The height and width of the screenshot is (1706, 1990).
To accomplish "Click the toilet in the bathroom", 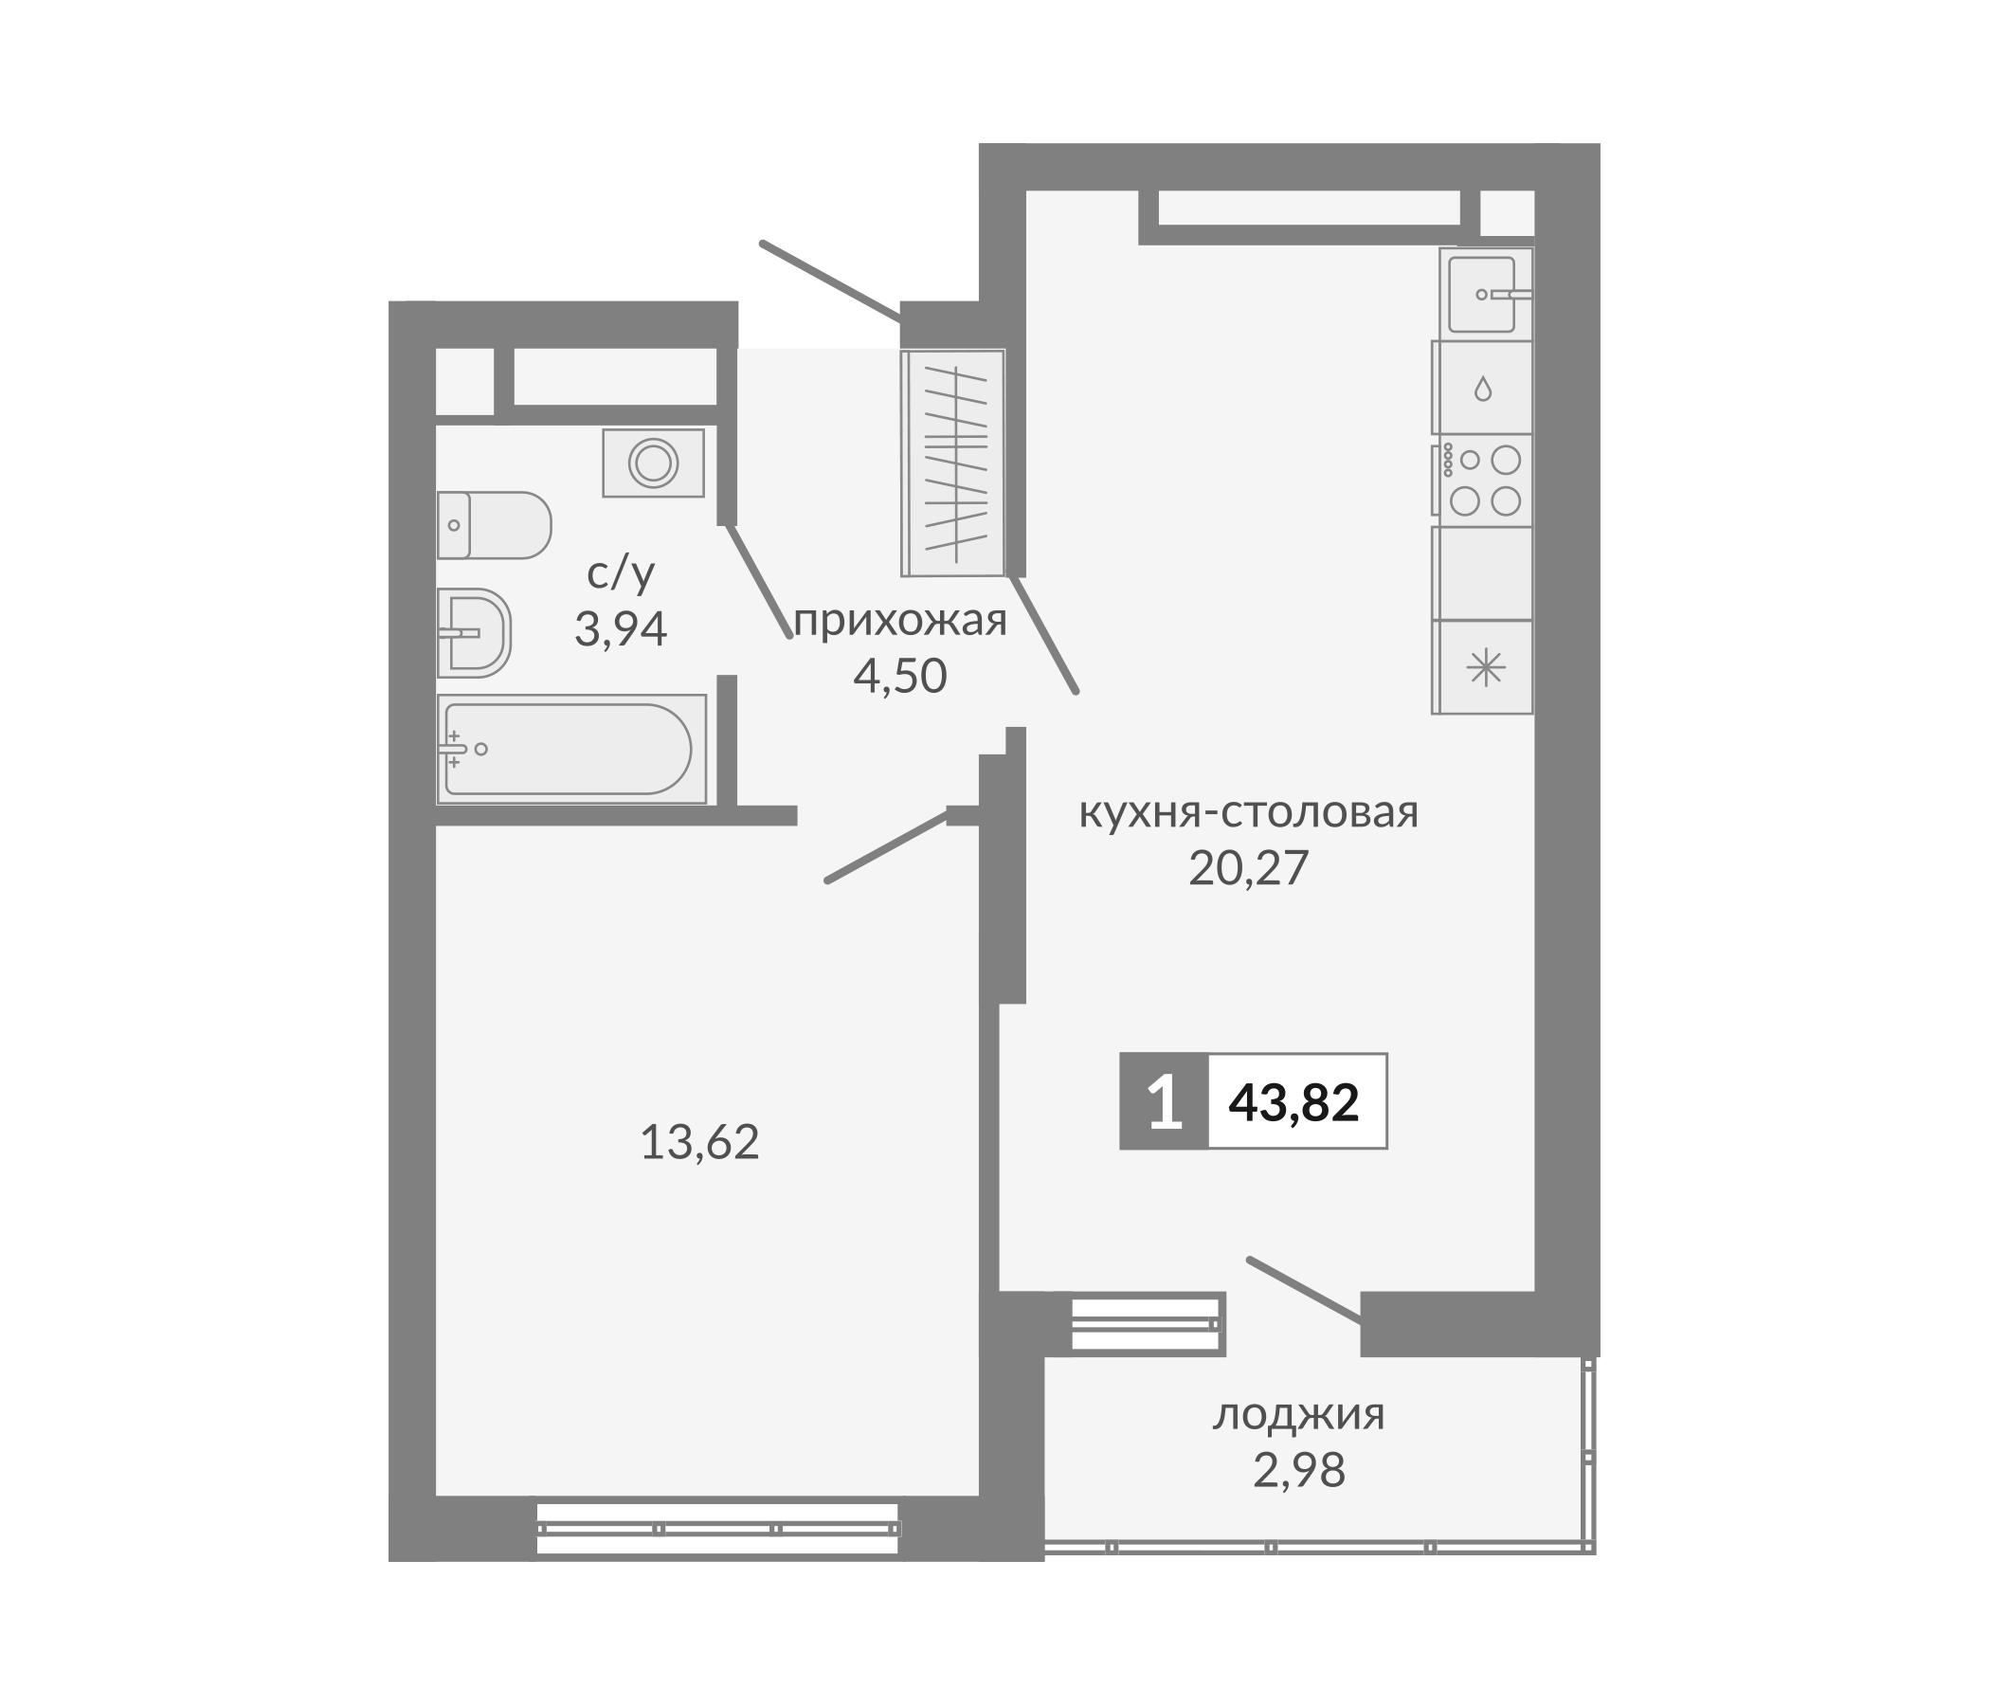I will click(494, 524).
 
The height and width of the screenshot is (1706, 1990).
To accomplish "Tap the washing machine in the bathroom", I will click(653, 463).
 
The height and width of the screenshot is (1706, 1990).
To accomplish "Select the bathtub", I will click(570, 750).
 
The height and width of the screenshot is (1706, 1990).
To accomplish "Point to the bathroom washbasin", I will click(474, 632).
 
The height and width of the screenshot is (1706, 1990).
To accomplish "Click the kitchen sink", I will click(1483, 294).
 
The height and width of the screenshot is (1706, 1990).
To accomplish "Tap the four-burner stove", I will click(1484, 481).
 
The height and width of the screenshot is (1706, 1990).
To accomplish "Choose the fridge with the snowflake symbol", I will click(1485, 667).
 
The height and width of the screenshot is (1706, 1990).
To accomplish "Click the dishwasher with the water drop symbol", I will click(1483, 388).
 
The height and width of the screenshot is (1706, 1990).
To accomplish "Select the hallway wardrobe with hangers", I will click(953, 463).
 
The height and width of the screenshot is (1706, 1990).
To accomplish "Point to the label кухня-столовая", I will click(1249, 812).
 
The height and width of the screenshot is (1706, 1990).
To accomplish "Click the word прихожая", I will click(900, 622).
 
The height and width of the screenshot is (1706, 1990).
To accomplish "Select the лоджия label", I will click(1298, 1414).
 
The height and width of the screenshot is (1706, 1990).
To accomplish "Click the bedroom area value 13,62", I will click(699, 1143).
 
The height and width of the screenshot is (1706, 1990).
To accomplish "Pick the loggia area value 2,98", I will click(1298, 1470).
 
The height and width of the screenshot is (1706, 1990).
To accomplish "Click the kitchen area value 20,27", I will click(1249, 868).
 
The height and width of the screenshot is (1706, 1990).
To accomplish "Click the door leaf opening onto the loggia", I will click(1304, 1290).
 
